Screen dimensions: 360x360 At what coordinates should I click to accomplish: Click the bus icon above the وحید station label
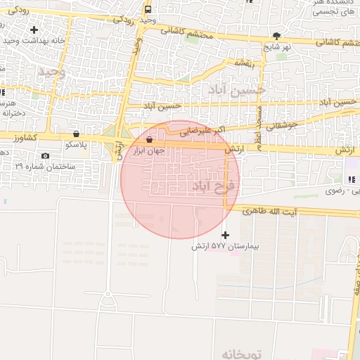click(148, 10)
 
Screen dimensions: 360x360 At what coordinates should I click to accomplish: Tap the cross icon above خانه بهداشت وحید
click(34, 30)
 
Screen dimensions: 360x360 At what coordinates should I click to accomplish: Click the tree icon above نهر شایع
click(276, 35)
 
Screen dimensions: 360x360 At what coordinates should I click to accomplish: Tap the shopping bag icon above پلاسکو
click(75, 134)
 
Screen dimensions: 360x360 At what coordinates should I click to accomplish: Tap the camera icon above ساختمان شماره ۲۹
click(46, 155)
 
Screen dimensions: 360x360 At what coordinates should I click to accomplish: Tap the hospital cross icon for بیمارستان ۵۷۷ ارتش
click(225, 235)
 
